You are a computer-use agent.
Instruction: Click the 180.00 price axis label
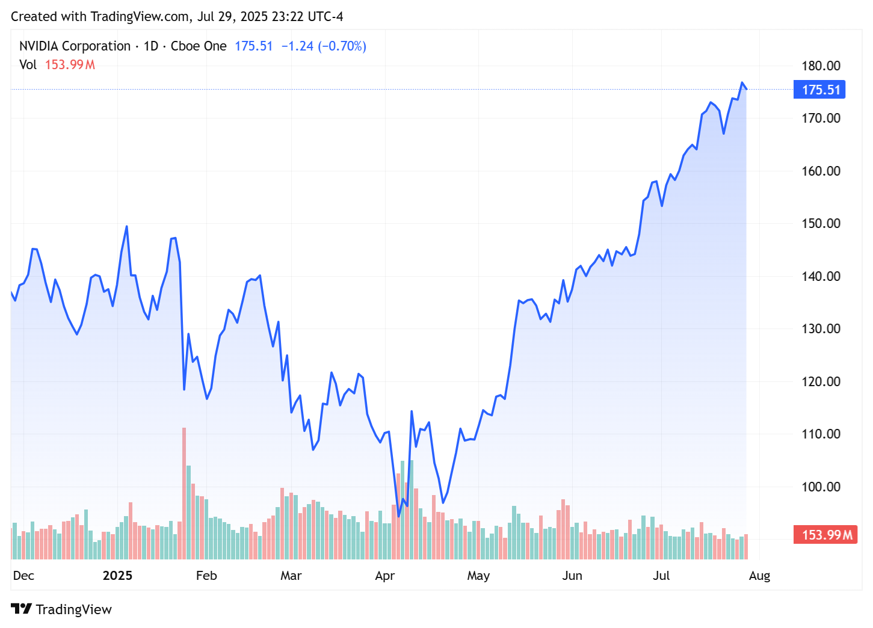pos(821,66)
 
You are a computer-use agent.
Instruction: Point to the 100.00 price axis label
pos(821,487)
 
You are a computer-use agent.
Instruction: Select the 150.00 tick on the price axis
pos(821,223)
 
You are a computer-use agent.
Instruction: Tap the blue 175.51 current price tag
pos(820,90)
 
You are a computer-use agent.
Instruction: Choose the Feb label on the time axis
pos(206,576)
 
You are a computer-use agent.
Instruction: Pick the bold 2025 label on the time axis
pos(117,576)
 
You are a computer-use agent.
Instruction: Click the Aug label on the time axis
pos(759,576)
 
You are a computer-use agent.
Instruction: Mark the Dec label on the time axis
pos(23,576)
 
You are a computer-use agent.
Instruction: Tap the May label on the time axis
pos(478,576)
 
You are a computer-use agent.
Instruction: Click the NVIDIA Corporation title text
pos(75,46)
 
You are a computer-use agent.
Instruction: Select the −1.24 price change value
pos(297,46)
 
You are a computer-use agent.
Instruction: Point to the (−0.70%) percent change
pos(342,46)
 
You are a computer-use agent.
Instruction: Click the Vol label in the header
pos(28,65)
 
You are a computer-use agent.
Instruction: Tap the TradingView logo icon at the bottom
pos(21,609)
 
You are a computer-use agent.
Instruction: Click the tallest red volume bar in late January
pos(184,493)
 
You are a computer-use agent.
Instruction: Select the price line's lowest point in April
pos(399,516)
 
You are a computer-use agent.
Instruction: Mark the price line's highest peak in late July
pos(742,83)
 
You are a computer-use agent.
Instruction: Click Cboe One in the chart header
pos(199,46)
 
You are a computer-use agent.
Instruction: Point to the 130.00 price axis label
pos(821,328)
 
